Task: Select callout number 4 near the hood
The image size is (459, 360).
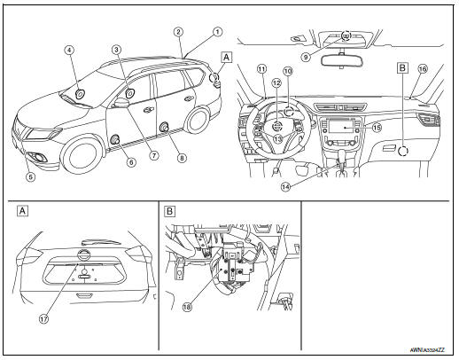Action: pos(68,51)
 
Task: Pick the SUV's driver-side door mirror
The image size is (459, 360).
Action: pos(121,103)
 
